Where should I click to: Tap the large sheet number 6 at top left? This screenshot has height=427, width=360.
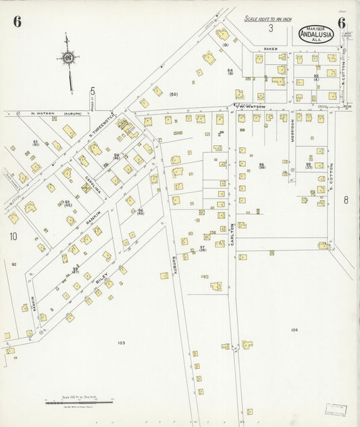pyautogui.click(x=17, y=22)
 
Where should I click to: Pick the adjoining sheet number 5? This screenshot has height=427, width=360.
pyautogui.click(x=93, y=91)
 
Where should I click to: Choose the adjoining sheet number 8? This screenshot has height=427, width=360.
pyautogui.click(x=344, y=199)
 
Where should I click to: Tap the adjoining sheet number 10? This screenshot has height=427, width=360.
pyautogui.click(x=13, y=236)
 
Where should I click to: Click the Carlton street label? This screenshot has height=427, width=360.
pyautogui.click(x=231, y=233)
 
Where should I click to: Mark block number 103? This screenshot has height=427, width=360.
pyautogui.click(x=121, y=343)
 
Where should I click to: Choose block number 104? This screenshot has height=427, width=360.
pyautogui.click(x=293, y=329)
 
